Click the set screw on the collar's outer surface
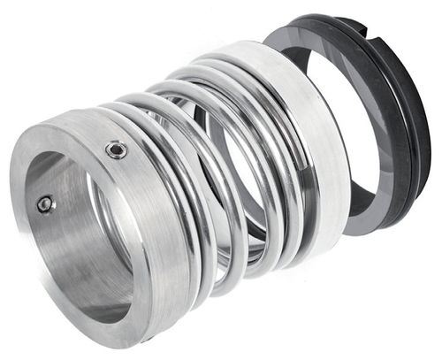116,150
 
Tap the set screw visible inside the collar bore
43,204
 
